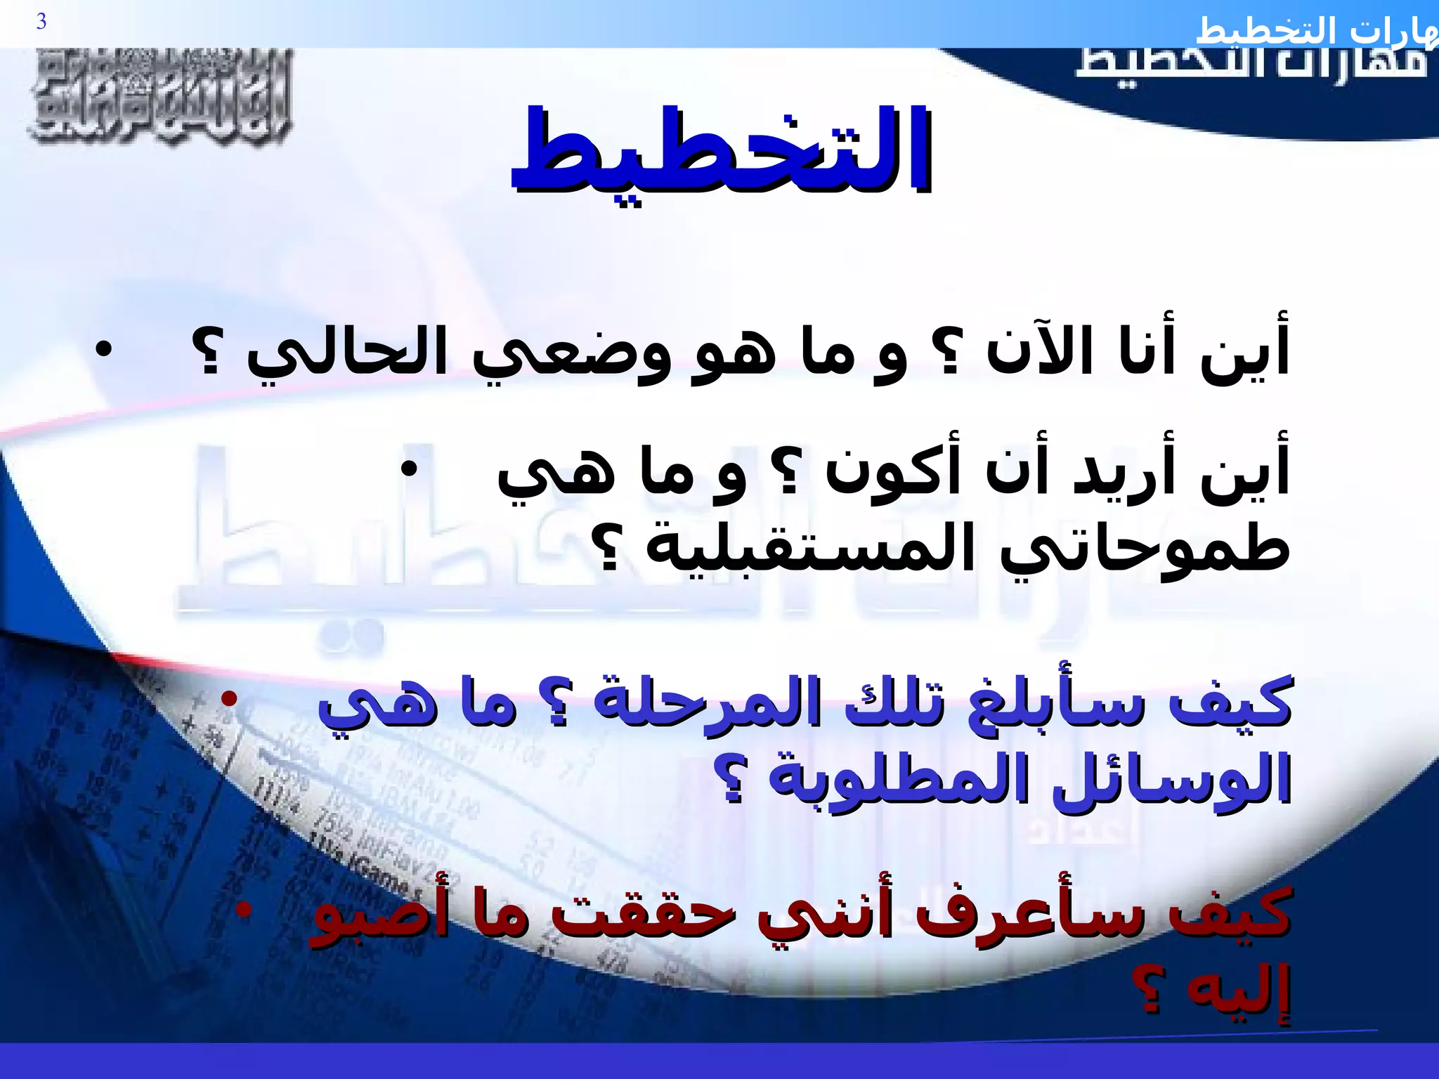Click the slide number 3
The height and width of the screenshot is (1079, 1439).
click(41, 22)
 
